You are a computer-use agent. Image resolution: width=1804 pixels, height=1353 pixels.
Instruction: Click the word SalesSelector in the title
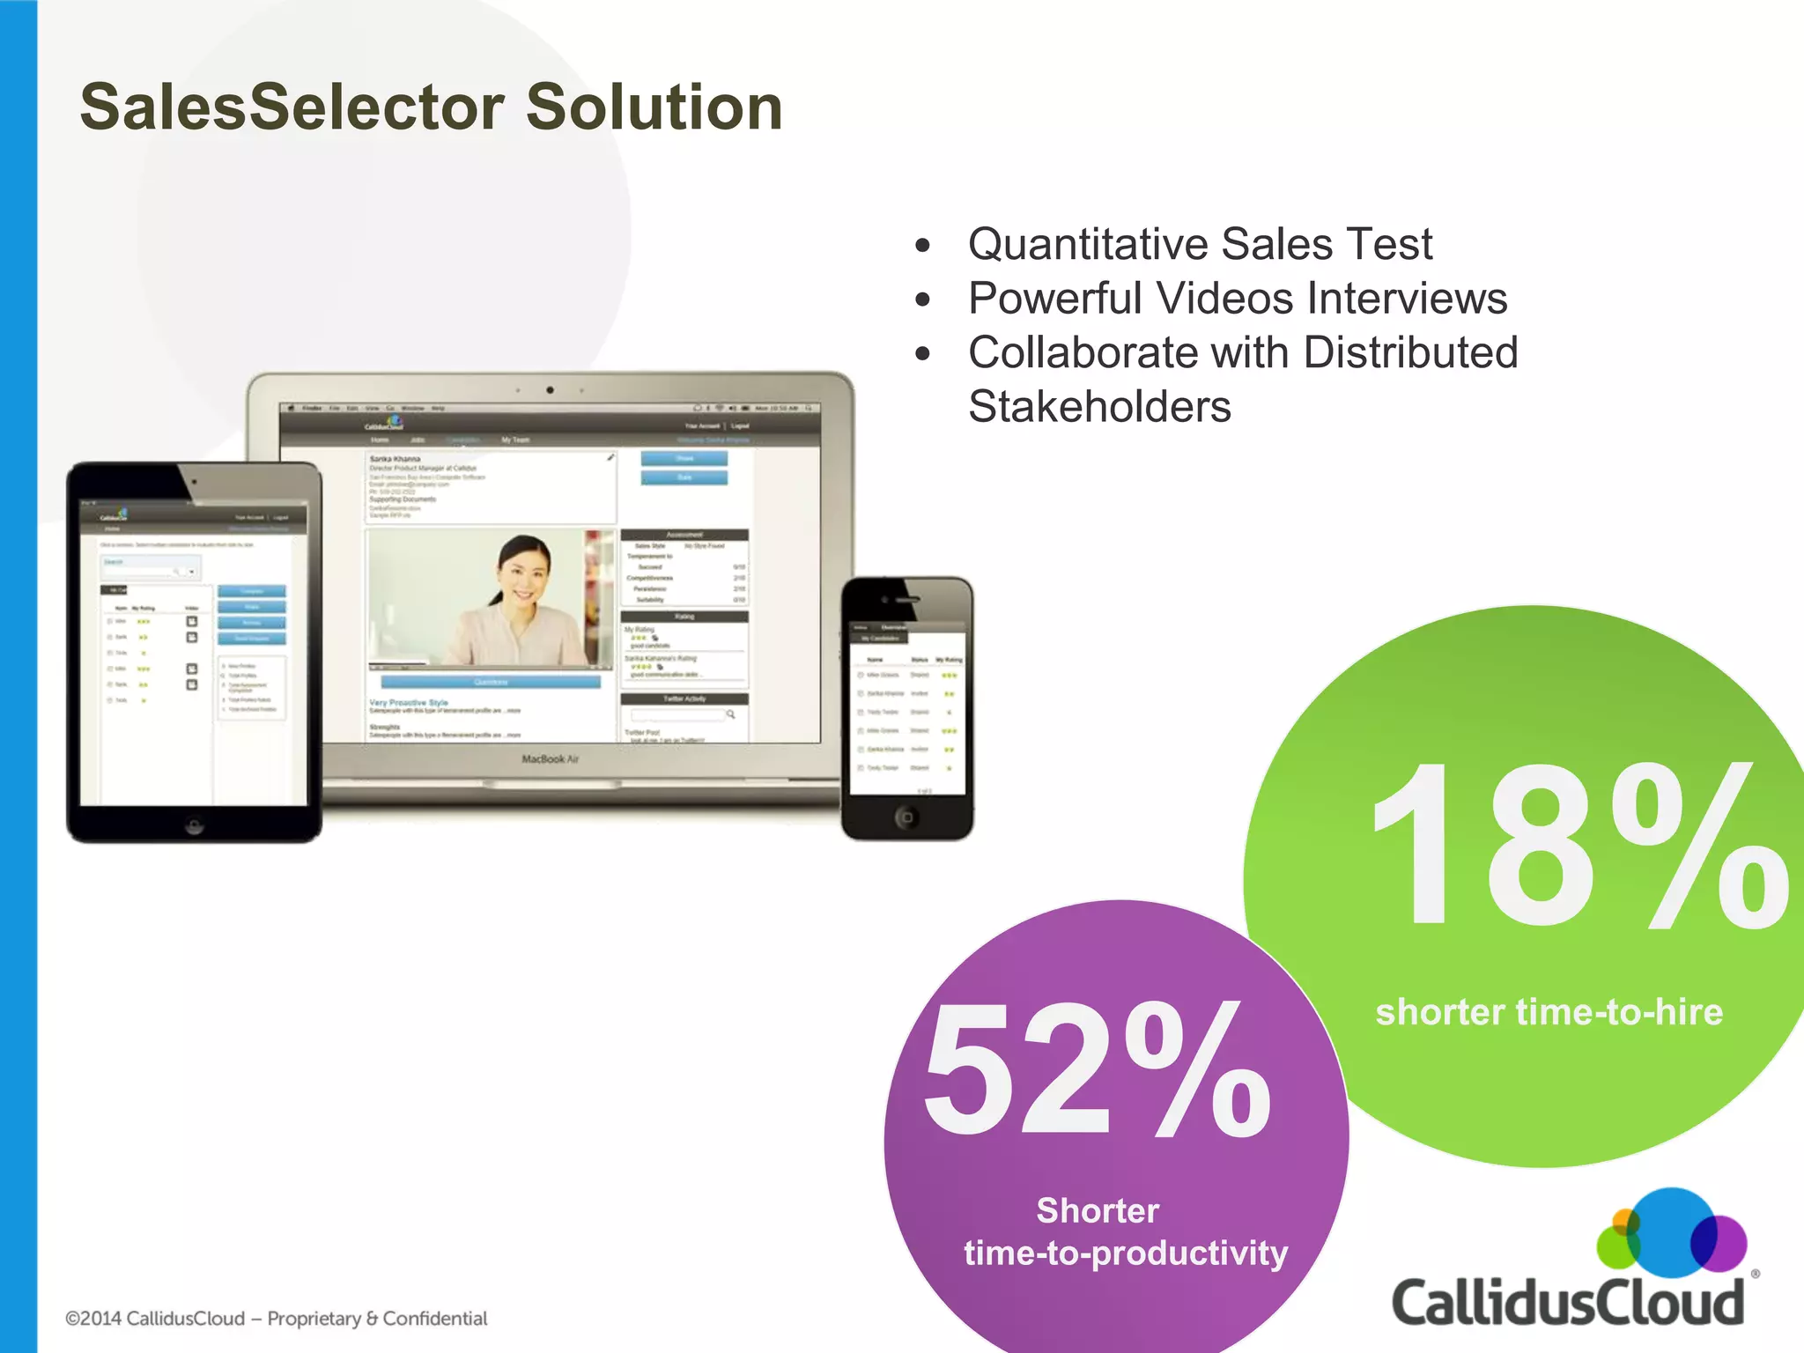(x=292, y=107)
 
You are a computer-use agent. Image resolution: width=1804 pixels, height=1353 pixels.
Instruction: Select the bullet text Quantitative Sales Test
(x=1200, y=244)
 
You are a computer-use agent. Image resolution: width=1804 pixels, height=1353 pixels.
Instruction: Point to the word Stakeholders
(x=1099, y=407)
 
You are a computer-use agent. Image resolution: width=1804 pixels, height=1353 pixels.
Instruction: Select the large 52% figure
(x=1097, y=1070)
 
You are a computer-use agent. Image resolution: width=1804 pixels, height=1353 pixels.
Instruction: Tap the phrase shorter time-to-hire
(x=1549, y=1012)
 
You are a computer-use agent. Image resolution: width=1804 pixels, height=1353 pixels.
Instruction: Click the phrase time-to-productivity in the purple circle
(x=1126, y=1253)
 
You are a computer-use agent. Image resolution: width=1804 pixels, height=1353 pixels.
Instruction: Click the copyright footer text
(x=276, y=1319)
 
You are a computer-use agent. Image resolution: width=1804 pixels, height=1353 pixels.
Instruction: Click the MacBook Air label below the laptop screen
(x=550, y=759)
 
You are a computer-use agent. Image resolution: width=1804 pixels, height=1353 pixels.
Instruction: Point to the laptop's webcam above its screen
(x=550, y=389)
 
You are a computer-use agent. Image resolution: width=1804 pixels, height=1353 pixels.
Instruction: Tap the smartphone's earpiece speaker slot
(x=907, y=600)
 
